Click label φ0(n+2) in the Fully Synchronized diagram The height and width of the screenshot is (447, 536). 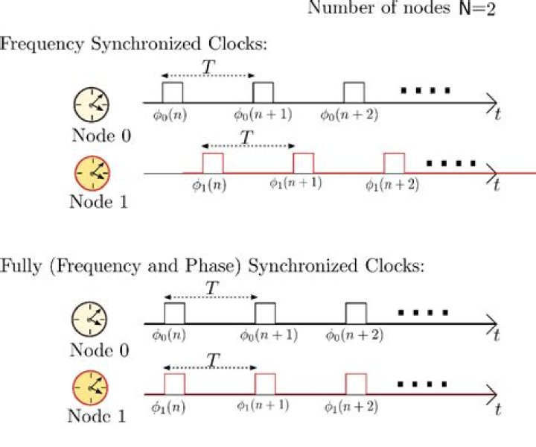coord(354,335)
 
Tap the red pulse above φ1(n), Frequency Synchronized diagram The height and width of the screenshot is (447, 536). coord(213,163)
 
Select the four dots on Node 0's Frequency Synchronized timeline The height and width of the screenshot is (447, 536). coord(425,91)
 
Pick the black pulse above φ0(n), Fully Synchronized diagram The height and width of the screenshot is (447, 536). coord(174,313)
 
